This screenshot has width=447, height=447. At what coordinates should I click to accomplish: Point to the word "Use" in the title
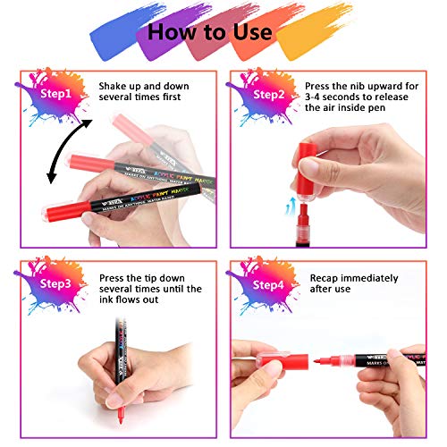(x=250, y=32)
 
